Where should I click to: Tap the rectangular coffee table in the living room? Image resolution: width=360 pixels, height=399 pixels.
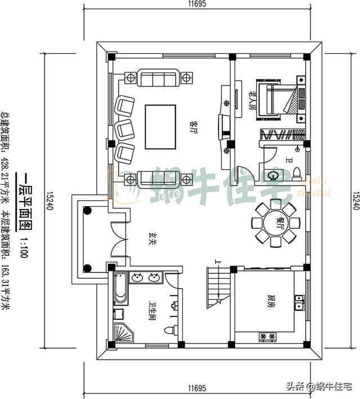click(x=160, y=127)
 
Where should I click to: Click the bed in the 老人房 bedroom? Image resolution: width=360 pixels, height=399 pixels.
click(x=277, y=101)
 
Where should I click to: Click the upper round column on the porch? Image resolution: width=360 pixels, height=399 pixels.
click(x=87, y=211)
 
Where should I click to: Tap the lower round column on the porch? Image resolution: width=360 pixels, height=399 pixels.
click(x=87, y=267)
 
